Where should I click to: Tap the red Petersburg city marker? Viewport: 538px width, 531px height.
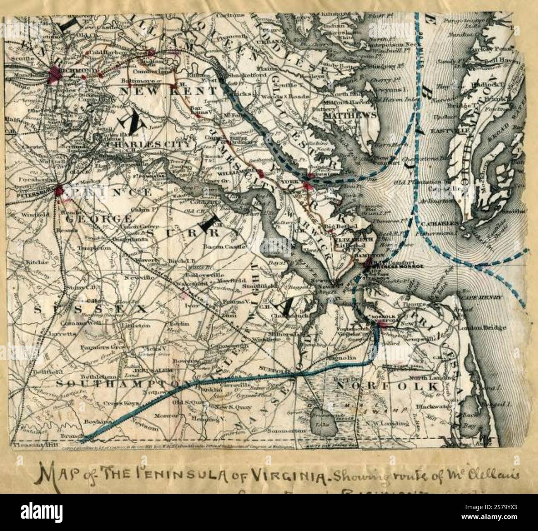tap(59, 190)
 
